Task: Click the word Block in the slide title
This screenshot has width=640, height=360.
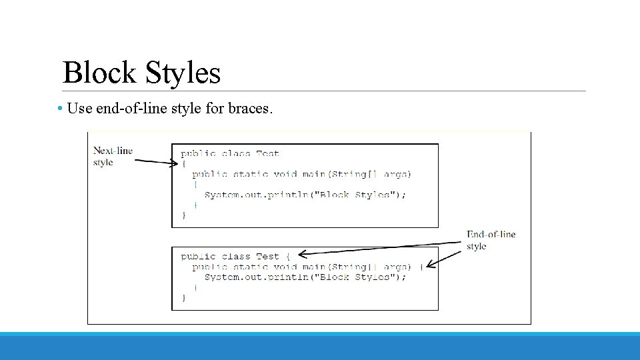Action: click(100, 73)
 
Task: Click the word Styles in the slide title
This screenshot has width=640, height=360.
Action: click(182, 73)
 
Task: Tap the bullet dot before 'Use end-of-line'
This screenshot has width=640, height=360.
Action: click(60, 108)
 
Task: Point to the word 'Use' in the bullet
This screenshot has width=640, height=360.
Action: click(80, 108)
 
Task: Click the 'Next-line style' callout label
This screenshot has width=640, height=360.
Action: click(112, 156)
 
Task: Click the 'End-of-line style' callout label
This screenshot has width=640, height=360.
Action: click(490, 240)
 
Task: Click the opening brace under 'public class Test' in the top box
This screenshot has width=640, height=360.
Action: click(184, 164)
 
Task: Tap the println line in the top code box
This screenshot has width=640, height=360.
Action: click(305, 195)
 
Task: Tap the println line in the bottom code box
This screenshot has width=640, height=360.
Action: click(305, 277)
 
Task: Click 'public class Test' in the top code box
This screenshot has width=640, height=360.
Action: click(230, 154)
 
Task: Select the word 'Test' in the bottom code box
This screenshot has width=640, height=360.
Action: click(267, 256)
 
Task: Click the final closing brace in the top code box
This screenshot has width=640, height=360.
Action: click(184, 215)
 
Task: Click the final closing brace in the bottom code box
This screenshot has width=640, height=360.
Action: click(184, 297)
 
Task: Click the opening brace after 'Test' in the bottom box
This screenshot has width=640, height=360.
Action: click(287, 256)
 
